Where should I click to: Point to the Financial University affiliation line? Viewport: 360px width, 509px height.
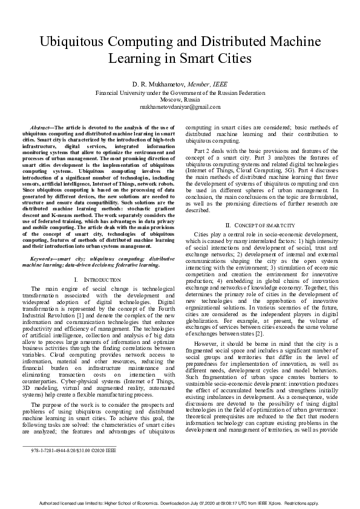[x=180, y=93]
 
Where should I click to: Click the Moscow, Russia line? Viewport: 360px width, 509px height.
[x=180, y=100]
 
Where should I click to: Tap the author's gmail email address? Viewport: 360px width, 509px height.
[x=180, y=106]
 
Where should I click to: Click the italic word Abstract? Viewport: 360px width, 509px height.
[x=41, y=128]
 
